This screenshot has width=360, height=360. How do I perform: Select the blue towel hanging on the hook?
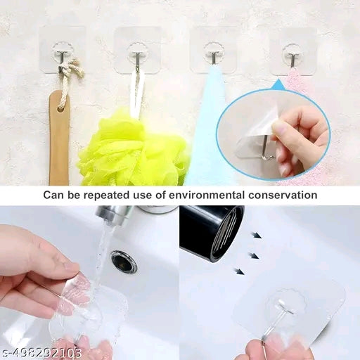pyautogui.click(x=210, y=141)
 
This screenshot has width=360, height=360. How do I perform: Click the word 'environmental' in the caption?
pyautogui.click(x=218, y=195)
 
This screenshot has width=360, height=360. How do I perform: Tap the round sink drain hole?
pyautogui.click(x=124, y=262)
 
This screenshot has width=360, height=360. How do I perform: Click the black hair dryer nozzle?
pyautogui.click(x=211, y=232)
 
